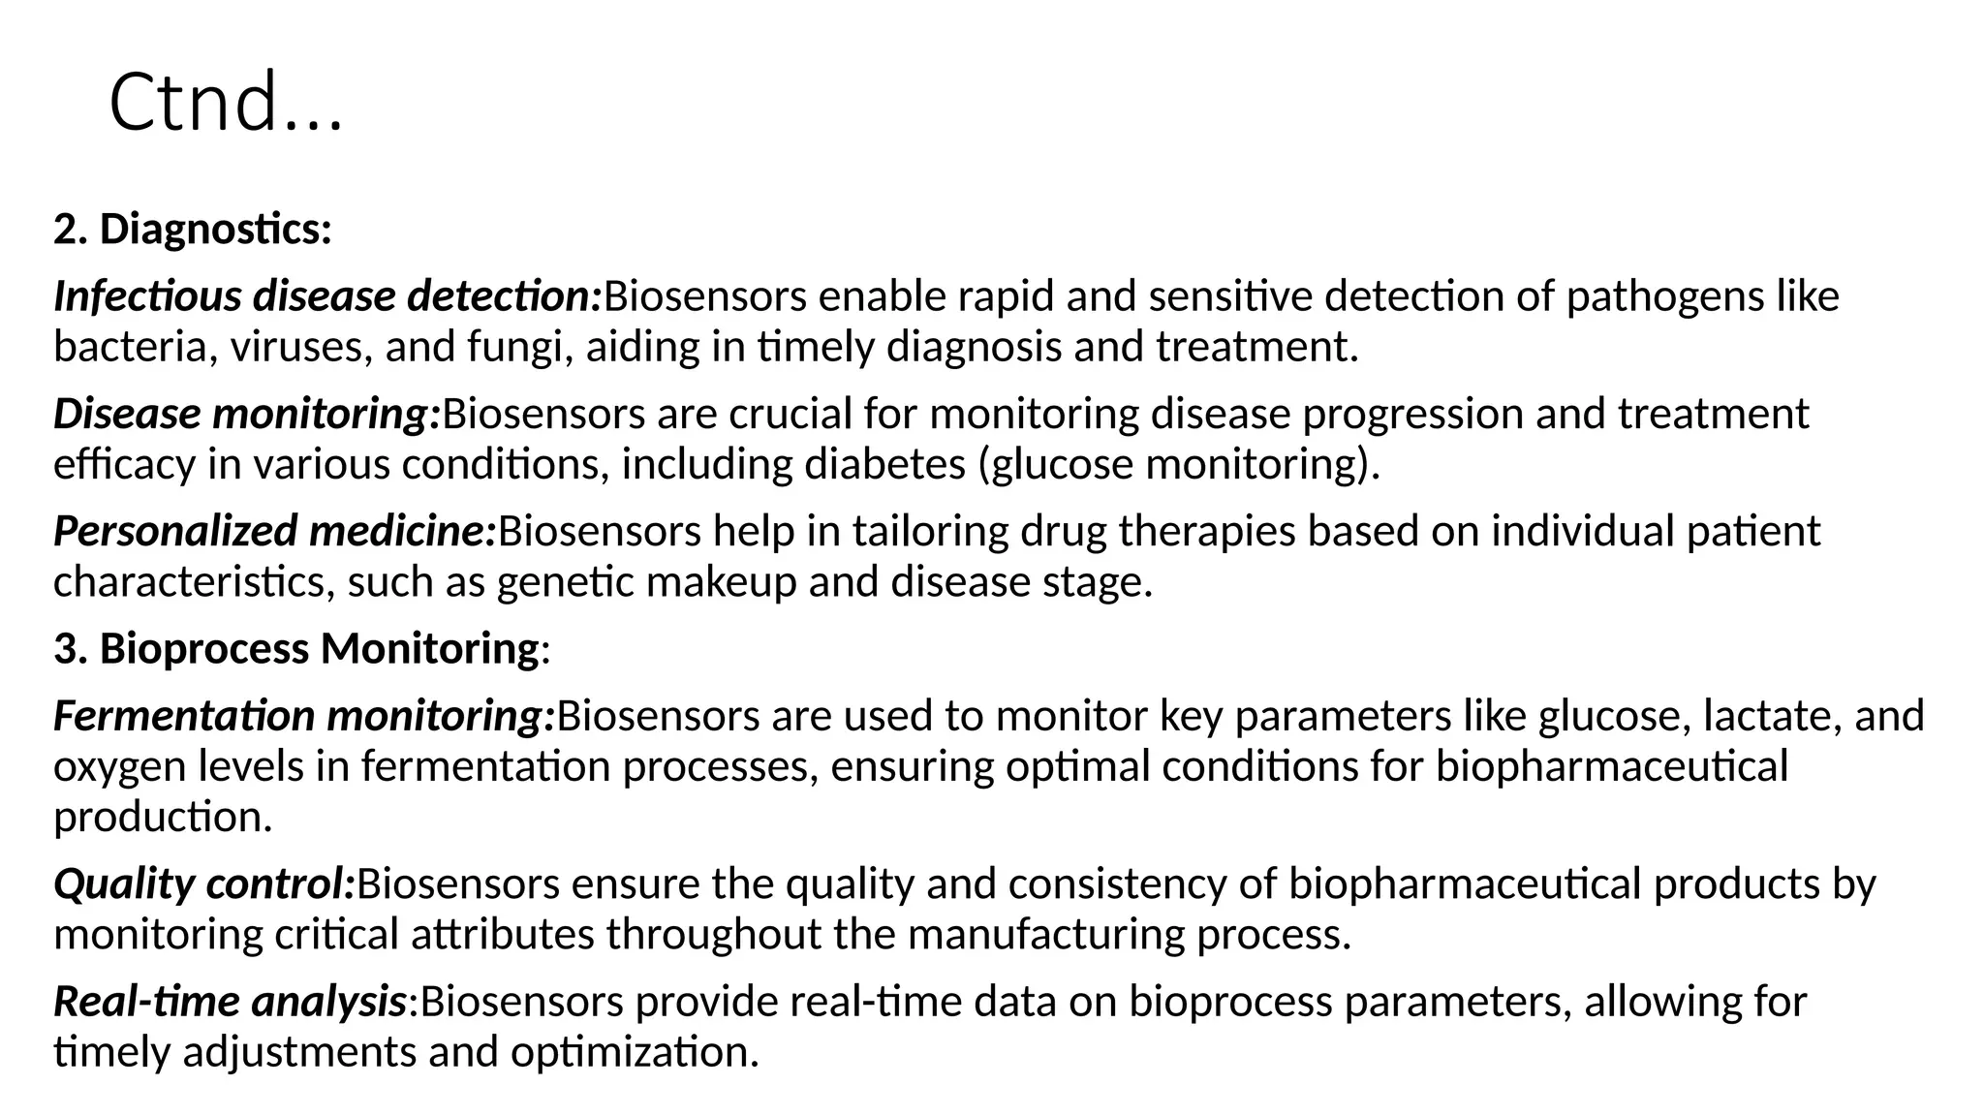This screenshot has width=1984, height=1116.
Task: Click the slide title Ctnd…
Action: [226, 103]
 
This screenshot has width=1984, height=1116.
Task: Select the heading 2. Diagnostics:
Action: [193, 230]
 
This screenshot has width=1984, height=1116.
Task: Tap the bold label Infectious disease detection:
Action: [327, 296]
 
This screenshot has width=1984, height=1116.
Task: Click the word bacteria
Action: [130, 347]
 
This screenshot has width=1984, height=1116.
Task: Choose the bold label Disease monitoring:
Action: [247, 414]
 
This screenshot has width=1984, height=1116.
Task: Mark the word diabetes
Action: [884, 464]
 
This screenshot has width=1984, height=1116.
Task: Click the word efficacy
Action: [124, 464]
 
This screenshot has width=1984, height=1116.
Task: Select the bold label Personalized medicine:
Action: [274, 531]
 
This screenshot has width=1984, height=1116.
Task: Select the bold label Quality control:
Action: [204, 883]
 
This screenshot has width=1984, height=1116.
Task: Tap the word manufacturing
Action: [1045, 934]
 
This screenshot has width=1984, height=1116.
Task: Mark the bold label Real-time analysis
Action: [230, 1001]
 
